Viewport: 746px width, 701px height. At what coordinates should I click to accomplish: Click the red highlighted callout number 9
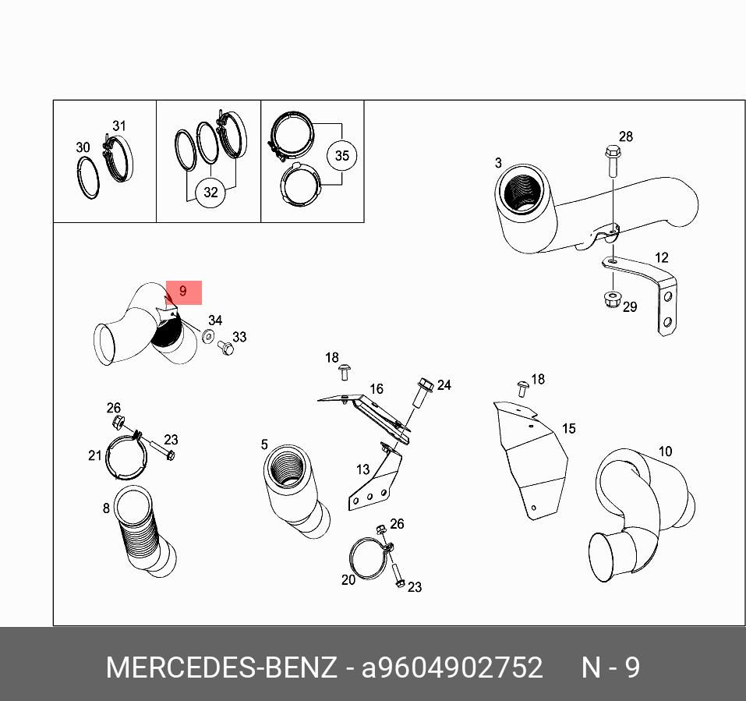click(184, 292)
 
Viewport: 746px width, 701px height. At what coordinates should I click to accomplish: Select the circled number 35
click(341, 156)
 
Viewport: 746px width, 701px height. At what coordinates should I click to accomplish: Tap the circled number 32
click(210, 193)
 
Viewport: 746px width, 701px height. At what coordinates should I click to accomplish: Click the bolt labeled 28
click(612, 161)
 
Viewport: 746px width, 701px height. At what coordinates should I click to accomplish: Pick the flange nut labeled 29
click(611, 299)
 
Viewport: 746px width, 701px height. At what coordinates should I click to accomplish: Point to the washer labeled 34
click(208, 336)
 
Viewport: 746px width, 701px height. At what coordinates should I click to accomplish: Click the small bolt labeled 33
click(225, 348)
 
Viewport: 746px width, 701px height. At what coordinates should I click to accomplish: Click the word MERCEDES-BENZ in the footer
click(221, 667)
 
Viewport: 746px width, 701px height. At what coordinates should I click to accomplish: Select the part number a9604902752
click(452, 667)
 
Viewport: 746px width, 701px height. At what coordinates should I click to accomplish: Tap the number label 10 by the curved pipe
click(665, 451)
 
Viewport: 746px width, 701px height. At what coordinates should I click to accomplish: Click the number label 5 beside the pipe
click(264, 444)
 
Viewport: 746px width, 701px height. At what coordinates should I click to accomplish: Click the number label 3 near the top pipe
click(498, 163)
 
